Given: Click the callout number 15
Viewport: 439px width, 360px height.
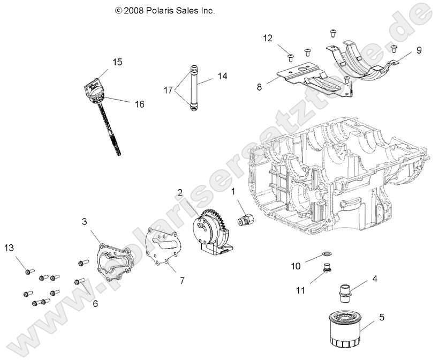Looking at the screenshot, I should coord(117,62).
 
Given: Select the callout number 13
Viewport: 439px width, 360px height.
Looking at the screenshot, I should coord(9,247).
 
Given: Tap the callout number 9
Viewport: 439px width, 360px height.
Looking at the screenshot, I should coord(419,50).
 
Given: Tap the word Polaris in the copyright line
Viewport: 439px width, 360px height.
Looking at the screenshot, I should coord(160,10).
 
